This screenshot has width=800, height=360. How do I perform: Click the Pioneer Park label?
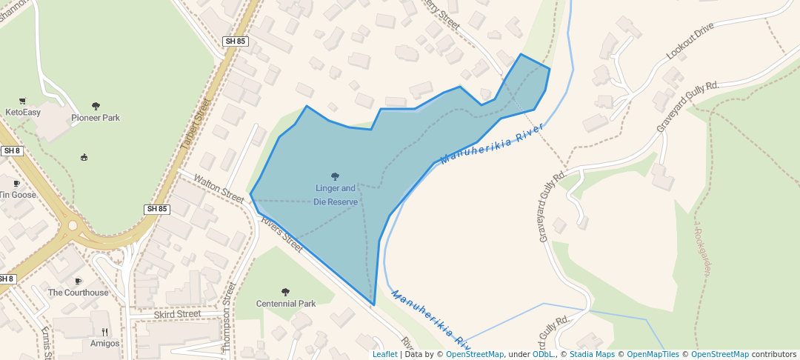[x=96, y=118]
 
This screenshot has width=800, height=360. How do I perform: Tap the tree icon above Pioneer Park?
[x=96, y=107]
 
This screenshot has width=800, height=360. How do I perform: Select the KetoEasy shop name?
[x=23, y=113]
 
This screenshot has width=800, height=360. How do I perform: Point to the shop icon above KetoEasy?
[x=22, y=101]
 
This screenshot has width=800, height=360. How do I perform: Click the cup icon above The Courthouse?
[x=79, y=281]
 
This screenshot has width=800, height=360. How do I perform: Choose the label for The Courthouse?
[x=79, y=293]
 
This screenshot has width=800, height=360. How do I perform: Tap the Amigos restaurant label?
[x=105, y=343]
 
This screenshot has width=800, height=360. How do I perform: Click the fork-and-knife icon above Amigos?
[x=105, y=332]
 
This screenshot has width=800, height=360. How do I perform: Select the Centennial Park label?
[x=286, y=304]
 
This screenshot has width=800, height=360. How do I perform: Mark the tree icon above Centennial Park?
[x=286, y=293]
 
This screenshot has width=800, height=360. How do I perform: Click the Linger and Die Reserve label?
[x=336, y=195]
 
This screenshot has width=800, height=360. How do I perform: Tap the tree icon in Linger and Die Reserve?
[x=336, y=177]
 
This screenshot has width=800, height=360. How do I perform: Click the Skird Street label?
[x=178, y=314]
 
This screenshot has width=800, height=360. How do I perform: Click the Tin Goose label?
[x=18, y=195]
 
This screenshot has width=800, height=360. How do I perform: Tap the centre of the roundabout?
[x=72, y=226]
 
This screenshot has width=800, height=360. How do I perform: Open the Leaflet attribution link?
[x=384, y=354]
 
